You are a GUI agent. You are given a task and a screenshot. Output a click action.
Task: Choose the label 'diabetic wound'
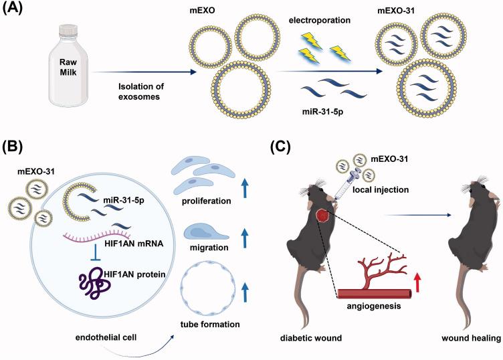310,339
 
